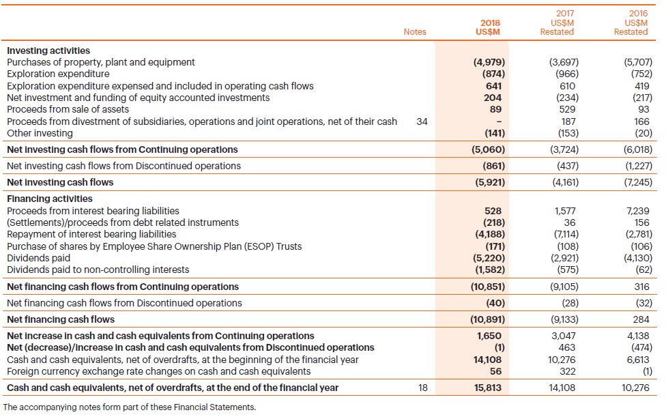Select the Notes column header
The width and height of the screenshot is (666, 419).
coord(414,31)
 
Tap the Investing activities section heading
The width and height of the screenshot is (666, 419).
coord(48,50)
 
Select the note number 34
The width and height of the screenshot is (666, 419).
coord(422,121)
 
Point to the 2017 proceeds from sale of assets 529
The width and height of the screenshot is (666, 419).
coord(566,109)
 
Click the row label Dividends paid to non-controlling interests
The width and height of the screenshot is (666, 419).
coord(98,270)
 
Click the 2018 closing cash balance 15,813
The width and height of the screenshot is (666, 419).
coord(488,388)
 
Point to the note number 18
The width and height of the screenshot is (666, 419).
coord(422,388)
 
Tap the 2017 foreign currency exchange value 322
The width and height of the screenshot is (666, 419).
coord(566,371)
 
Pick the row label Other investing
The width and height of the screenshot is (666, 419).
coord(40,133)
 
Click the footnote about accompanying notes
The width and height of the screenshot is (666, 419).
coord(130,407)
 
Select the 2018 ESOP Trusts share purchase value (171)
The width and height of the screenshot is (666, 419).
coord(493,246)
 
